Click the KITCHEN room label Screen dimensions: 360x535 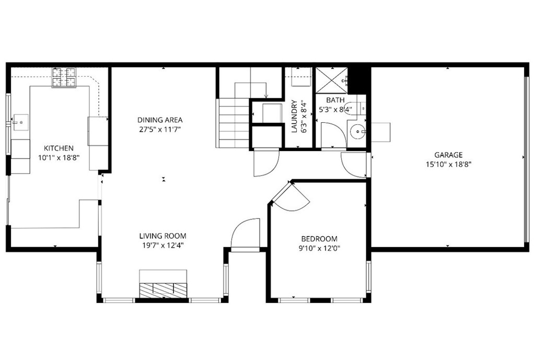point(58,148)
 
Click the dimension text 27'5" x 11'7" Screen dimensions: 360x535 point(160,129)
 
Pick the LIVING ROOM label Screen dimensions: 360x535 point(162,236)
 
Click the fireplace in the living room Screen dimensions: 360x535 point(163,288)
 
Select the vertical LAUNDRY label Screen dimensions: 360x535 point(294,116)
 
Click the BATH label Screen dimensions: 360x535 point(335,100)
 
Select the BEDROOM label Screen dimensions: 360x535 point(319,239)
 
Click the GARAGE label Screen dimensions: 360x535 point(448,155)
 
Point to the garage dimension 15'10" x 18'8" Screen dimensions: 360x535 point(448,164)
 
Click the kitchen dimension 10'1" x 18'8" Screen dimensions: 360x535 point(58,157)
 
